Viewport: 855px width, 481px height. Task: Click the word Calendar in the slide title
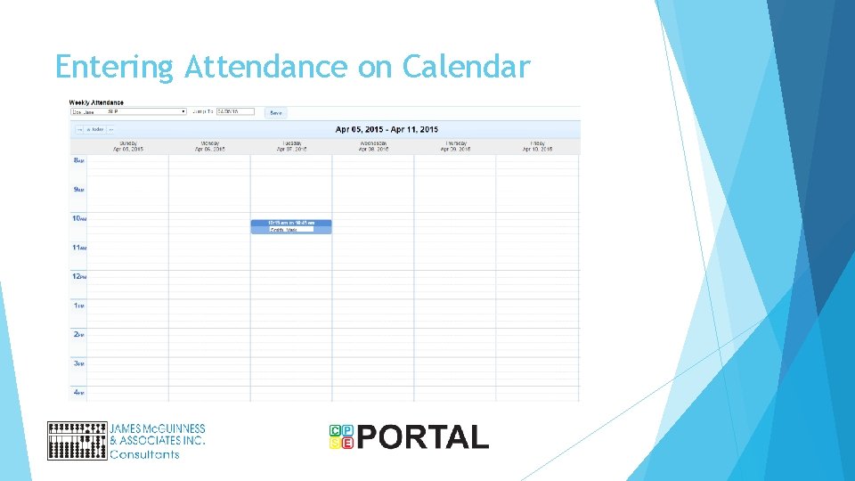point(466,67)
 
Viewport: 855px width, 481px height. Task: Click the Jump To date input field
point(235,111)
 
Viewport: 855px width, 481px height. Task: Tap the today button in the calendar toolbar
point(94,129)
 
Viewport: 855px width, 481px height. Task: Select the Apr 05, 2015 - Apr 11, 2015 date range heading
point(387,129)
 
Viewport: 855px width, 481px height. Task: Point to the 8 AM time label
point(78,160)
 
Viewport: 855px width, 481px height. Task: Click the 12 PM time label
point(78,277)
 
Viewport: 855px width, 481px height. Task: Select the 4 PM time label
point(78,392)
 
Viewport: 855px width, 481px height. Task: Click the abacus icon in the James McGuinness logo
point(77,440)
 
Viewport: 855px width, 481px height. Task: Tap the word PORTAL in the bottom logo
point(423,437)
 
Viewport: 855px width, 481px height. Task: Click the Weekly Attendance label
point(96,102)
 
